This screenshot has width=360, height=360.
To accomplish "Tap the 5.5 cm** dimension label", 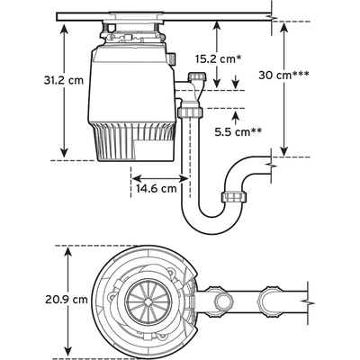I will [x=237, y=132].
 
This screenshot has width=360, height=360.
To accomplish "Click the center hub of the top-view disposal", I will [x=138, y=298].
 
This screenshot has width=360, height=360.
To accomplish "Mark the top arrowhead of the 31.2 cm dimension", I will [x=65, y=26].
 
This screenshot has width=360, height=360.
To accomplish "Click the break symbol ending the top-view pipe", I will [x=309, y=293].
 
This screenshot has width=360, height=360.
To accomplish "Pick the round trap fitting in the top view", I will [x=267, y=298].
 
